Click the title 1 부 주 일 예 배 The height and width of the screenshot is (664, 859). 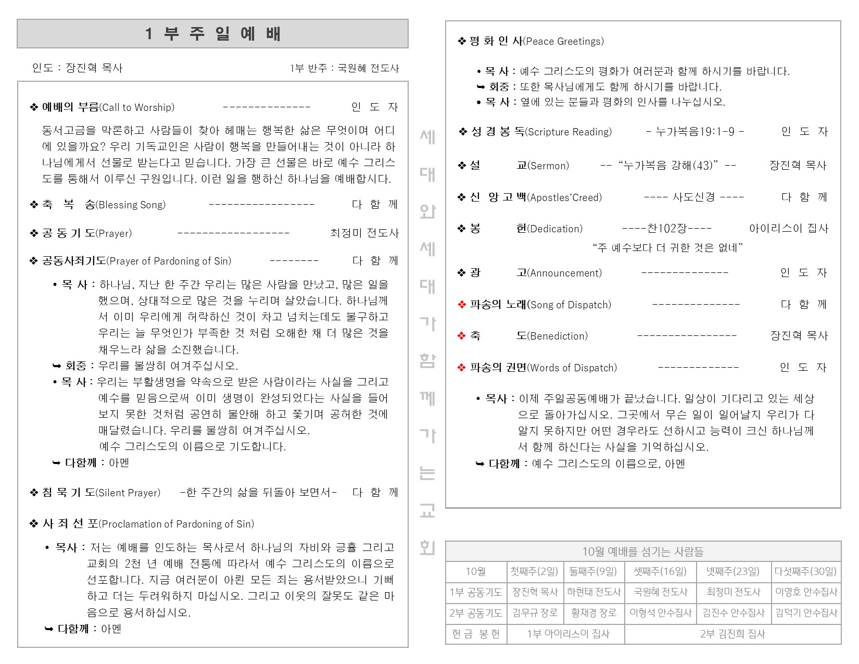(212, 34)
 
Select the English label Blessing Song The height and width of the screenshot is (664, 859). (131, 205)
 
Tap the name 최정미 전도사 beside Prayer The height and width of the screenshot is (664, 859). (364, 233)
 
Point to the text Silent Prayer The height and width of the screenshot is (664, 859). (129, 493)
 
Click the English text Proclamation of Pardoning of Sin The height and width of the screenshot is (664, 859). (177, 524)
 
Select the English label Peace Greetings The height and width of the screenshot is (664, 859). (564, 42)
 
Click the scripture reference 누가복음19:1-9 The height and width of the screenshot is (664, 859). (694, 132)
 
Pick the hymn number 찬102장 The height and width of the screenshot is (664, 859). (667, 229)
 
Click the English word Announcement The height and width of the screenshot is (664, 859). (564, 273)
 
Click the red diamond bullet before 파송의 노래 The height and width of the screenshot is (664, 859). (462, 305)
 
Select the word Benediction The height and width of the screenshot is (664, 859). (558, 336)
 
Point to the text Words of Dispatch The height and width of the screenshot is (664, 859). (572, 368)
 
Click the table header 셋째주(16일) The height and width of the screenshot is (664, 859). (660, 572)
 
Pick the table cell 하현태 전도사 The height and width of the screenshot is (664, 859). (593, 592)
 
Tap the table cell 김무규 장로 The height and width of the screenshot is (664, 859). (535, 613)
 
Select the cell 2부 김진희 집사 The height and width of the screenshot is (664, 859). (732, 634)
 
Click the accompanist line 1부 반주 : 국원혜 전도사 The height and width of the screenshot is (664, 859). (344, 68)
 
